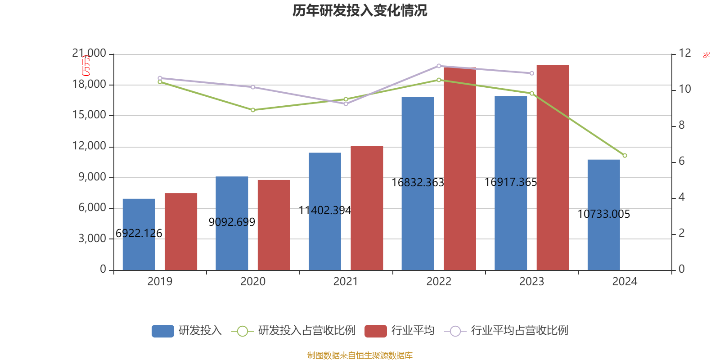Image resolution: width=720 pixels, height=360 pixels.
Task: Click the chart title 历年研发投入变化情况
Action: pyautogui.click(x=360, y=10)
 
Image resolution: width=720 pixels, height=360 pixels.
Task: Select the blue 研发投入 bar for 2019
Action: pyautogui.click(x=139, y=234)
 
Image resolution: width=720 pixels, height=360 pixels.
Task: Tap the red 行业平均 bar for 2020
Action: pyautogui.click(x=274, y=225)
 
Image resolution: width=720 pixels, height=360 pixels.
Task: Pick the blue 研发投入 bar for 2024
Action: pyautogui.click(x=603, y=215)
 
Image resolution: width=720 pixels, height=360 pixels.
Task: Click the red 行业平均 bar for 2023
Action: pyautogui.click(x=553, y=167)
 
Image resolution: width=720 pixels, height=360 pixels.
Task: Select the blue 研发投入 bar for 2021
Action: pyautogui.click(x=325, y=211)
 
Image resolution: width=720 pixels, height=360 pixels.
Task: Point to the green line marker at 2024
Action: pyautogui.click(x=625, y=156)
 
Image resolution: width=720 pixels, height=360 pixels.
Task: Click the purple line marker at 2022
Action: pyautogui.click(x=439, y=66)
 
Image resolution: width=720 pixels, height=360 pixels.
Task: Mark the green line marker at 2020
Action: pyautogui.click(x=253, y=110)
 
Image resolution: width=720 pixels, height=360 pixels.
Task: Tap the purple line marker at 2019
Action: pyautogui.click(x=160, y=78)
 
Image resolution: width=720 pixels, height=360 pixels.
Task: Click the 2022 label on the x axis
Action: pyautogui.click(x=439, y=282)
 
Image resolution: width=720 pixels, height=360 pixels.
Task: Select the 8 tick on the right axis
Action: pyautogui.click(x=681, y=125)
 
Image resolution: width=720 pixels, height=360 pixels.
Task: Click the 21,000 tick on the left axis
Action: pyautogui.click(x=89, y=54)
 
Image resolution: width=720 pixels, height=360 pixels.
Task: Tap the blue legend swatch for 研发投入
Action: pyautogui.click(x=162, y=331)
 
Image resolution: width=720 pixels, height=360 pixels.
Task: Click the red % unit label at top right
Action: pyautogui.click(x=706, y=55)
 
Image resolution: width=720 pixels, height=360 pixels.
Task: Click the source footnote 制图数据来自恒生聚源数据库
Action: pyautogui.click(x=360, y=355)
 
